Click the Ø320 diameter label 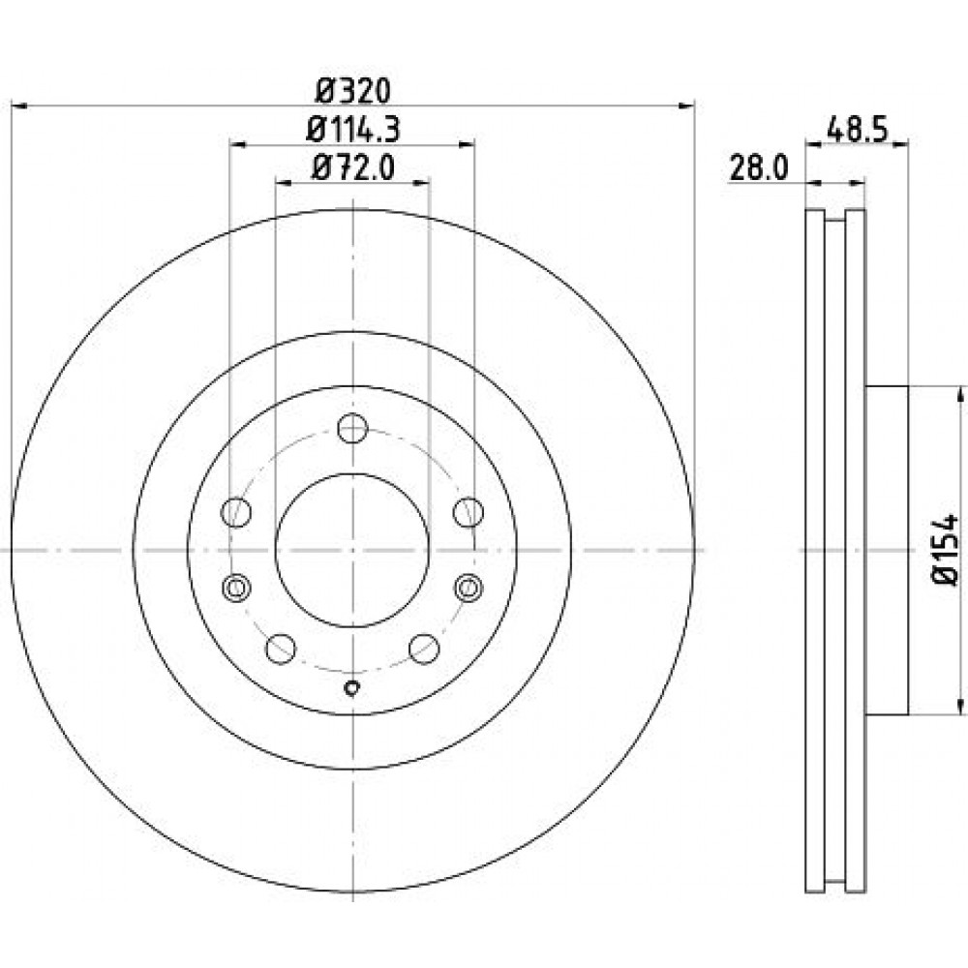click(x=353, y=91)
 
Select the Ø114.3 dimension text click(x=353, y=130)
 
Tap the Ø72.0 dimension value click(x=353, y=167)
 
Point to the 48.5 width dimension click(x=857, y=131)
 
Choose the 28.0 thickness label click(x=759, y=167)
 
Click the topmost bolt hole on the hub click(x=353, y=428)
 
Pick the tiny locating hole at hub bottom click(x=352, y=687)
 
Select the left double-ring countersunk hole click(x=236, y=588)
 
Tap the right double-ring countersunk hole click(x=469, y=588)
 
